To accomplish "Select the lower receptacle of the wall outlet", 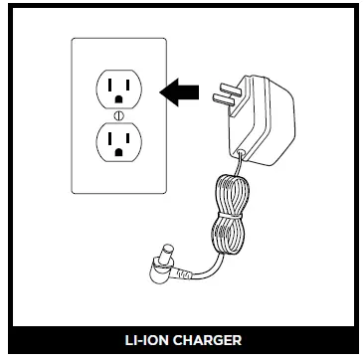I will pyautogui.click(x=118, y=146).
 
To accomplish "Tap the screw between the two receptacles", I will pyautogui.click(x=118, y=118).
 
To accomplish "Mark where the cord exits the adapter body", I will pyautogui.click(x=239, y=151).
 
